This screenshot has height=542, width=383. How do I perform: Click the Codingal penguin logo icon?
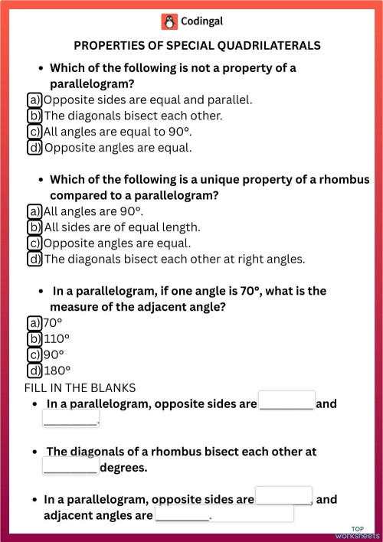pos(169,21)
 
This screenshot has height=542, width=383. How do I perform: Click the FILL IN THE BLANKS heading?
pos(80,387)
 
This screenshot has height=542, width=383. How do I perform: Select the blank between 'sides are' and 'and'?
pos(286,402)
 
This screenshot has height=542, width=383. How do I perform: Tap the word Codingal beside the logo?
pos(202,21)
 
